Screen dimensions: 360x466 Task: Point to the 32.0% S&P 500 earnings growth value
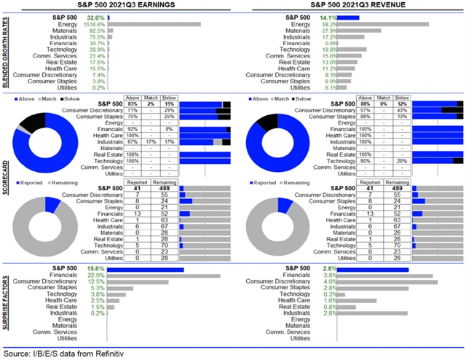pos(95,15)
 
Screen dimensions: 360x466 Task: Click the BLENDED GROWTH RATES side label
pos(7,50)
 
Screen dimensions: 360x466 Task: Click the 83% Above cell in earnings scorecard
pos(133,105)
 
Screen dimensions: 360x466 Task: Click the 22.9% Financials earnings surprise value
pos(95,275)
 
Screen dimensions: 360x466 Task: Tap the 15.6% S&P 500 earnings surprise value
pos(95,268)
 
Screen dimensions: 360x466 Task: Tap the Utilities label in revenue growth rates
pos(308,87)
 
